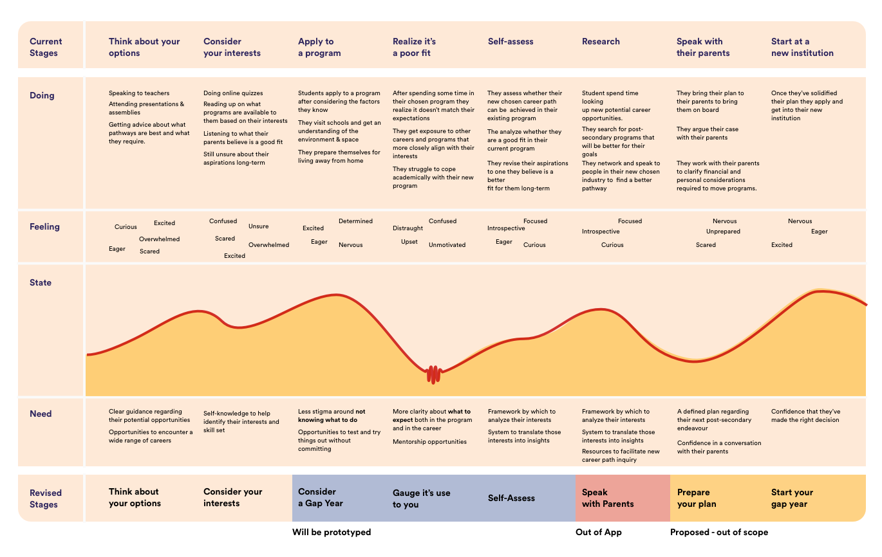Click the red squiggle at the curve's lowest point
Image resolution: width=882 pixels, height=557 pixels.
[433, 374]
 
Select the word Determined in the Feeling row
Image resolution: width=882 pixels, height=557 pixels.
[355, 221]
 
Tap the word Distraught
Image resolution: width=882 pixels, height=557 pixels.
[408, 228]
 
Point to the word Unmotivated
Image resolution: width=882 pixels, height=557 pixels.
[447, 245]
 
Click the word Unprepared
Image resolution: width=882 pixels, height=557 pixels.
[723, 232]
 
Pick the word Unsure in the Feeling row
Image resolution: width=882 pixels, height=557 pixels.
[258, 226]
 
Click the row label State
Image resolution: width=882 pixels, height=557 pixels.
[41, 282]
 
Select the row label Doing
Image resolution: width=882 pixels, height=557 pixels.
[42, 95]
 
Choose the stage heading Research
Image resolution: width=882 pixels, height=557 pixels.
[601, 41]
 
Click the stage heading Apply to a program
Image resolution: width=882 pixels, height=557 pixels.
[319, 47]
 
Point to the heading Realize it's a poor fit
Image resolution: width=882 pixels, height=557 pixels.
[414, 47]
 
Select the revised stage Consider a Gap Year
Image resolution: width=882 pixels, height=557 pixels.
[321, 498]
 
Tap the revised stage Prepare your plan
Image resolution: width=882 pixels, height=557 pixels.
[697, 498]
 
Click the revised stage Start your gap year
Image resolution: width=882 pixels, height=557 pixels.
[792, 498]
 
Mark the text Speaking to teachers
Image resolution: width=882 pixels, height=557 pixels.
[136, 93]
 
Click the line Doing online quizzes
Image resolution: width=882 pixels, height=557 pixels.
[233, 93]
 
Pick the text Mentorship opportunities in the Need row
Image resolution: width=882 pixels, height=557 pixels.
[429, 442]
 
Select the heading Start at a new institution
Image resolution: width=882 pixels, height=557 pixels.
[802, 47]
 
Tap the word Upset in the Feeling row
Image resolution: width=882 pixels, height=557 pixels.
[409, 242]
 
